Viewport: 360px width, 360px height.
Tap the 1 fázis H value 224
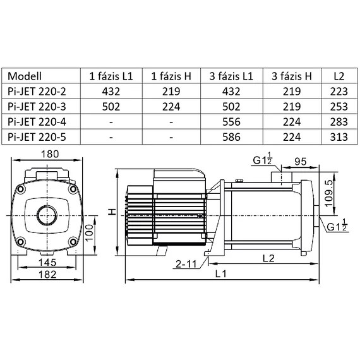172,105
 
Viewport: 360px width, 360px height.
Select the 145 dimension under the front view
47,262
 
